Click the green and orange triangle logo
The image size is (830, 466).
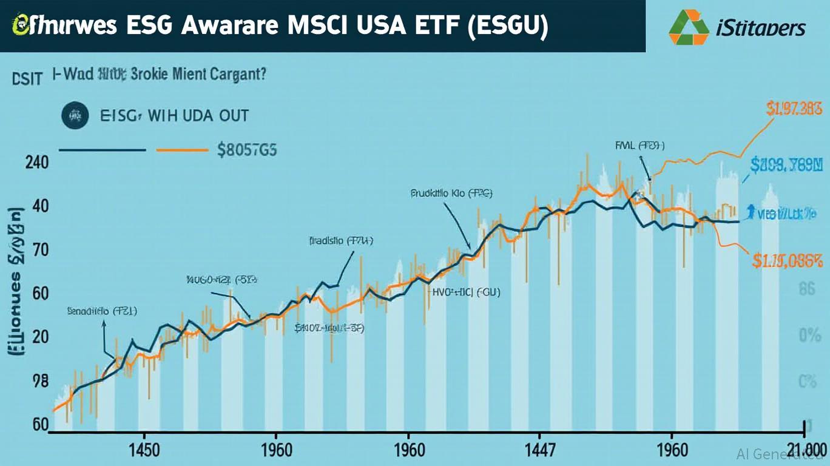pos(689,27)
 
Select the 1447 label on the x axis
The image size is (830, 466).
pos(541,451)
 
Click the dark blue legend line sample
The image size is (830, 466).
pos(102,149)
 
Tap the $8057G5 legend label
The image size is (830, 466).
pos(247,149)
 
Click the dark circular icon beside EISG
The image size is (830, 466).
pos(75,115)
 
